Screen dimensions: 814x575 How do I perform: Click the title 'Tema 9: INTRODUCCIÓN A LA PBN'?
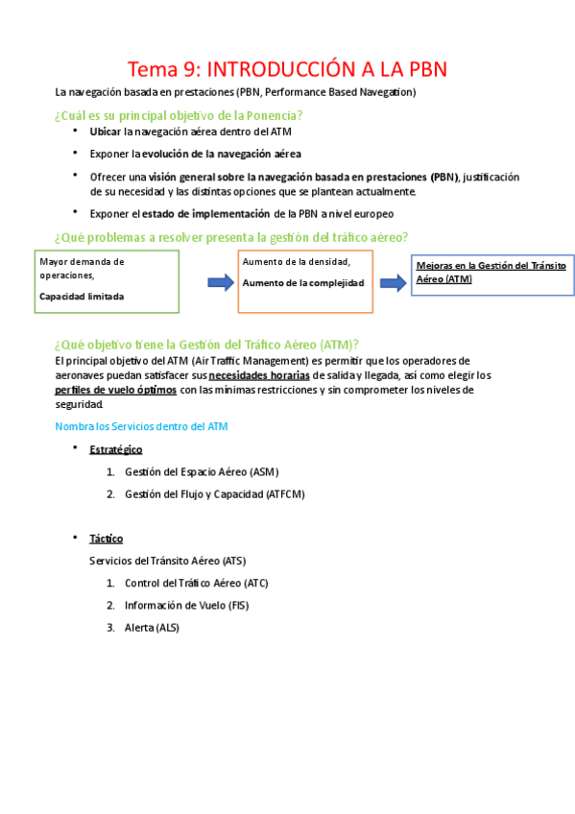(x=288, y=69)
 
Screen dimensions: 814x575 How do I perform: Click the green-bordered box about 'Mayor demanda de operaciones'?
(x=108, y=281)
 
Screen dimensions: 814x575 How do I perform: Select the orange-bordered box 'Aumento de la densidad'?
(x=305, y=281)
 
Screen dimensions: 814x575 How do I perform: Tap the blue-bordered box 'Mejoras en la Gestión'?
(x=491, y=274)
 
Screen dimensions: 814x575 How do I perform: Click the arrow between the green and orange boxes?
(x=221, y=281)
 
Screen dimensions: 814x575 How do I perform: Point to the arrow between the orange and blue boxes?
(x=393, y=282)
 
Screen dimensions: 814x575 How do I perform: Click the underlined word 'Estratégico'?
(x=116, y=449)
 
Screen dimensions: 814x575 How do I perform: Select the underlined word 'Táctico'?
(x=107, y=539)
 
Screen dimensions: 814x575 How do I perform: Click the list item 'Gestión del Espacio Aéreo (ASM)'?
(x=202, y=471)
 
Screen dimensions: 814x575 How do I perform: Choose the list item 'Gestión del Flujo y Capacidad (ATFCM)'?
(x=214, y=493)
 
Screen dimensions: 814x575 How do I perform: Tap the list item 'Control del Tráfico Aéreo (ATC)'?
(x=196, y=583)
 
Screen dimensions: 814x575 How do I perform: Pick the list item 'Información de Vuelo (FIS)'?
(x=186, y=605)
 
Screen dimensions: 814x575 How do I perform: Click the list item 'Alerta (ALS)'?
(x=152, y=627)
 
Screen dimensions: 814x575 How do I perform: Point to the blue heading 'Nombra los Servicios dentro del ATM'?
(x=141, y=425)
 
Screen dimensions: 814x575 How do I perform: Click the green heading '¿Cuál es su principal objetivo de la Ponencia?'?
(x=180, y=115)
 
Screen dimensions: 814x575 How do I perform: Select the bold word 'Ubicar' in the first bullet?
(x=106, y=132)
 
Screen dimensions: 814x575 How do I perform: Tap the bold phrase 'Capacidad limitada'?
(x=82, y=297)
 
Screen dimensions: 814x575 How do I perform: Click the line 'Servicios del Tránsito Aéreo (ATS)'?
(x=167, y=561)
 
